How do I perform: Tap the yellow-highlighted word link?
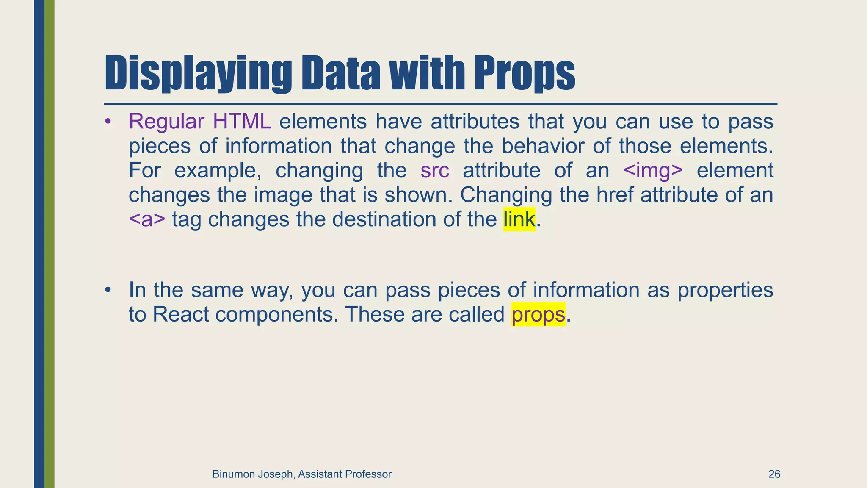click(519, 219)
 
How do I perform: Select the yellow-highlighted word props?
click(538, 314)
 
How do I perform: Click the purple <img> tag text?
click(653, 170)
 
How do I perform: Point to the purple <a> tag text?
click(147, 219)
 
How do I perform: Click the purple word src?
click(435, 170)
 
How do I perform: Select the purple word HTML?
click(242, 122)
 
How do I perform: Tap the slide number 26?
click(774, 474)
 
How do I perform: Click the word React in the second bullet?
click(181, 314)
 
